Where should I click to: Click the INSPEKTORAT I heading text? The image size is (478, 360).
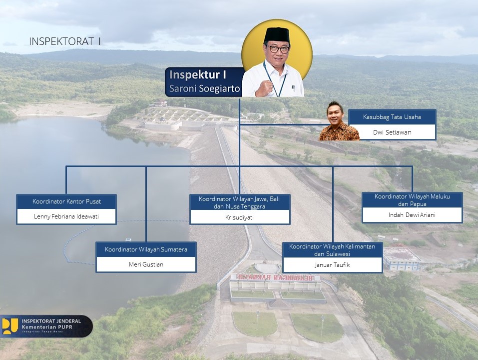[x=64, y=41]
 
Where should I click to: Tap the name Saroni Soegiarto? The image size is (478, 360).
[x=205, y=88]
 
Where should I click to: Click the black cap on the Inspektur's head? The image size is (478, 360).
[x=277, y=34]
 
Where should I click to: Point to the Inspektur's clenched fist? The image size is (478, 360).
[x=264, y=88]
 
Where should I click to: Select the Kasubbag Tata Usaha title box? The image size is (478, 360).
[x=392, y=117]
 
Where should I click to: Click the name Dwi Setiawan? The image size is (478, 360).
[x=392, y=132]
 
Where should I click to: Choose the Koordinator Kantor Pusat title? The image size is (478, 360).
[x=66, y=201]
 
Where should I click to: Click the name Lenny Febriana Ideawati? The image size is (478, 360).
[x=66, y=216]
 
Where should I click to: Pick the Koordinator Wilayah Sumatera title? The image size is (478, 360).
[x=146, y=249]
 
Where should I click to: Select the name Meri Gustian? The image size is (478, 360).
[x=146, y=264]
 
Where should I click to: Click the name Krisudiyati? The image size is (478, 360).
[x=239, y=217]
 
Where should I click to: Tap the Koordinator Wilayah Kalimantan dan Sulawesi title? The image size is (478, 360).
[x=332, y=250]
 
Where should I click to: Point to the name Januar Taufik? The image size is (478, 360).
[x=332, y=265]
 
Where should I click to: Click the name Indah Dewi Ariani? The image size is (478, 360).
[x=412, y=215]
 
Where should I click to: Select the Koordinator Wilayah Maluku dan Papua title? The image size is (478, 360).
[x=412, y=200]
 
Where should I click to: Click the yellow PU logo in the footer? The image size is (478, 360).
[x=10, y=326]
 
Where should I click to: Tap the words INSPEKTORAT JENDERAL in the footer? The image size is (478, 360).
[x=51, y=321]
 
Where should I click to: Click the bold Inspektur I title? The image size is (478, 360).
[x=197, y=74]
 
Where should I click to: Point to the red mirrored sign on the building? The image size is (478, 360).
[x=275, y=277]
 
